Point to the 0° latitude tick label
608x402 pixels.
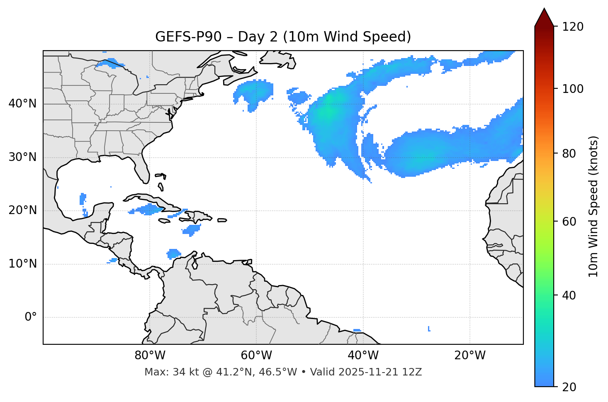click(x=31, y=317)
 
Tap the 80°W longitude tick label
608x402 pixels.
click(x=150, y=356)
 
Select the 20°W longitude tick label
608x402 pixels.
click(x=470, y=356)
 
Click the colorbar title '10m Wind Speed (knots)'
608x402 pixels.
click(x=593, y=206)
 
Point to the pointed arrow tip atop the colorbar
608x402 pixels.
click(x=544, y=10)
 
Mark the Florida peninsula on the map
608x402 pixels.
click(x=143, y=168)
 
